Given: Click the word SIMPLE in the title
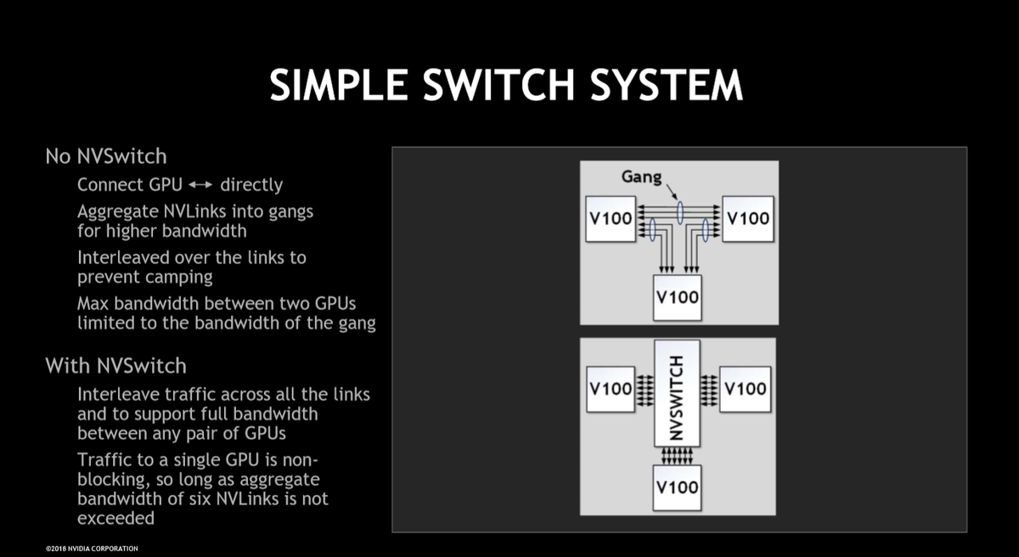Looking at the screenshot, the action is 339,85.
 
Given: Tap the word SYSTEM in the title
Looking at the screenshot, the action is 667,85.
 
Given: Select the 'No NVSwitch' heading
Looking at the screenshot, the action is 106,156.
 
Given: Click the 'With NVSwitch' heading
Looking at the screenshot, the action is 116,366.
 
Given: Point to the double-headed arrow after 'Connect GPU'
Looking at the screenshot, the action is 200,184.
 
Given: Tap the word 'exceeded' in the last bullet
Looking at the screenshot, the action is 116,518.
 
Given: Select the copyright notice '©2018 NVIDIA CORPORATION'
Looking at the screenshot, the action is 92,549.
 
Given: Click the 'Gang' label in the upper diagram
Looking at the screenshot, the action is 641,177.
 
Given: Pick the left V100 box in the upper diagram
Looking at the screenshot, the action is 611,219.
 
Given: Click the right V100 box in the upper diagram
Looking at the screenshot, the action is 748,219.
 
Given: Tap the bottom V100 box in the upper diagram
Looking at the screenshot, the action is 678,297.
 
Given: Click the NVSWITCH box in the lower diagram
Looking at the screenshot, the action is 677,393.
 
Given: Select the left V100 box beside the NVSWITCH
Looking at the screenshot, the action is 611,389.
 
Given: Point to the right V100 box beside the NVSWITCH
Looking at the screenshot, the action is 746,389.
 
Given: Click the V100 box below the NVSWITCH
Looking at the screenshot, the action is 677,488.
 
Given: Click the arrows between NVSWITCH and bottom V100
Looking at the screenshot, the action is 677,456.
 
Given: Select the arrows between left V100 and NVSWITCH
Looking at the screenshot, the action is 645,390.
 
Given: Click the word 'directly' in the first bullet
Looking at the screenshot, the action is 251,185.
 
